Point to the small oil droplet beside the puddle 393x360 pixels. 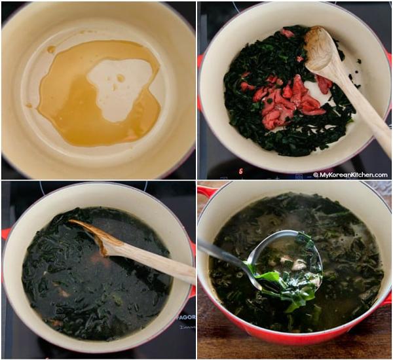pyautogui.click(x=51, y=50)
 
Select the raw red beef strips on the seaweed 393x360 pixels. pyautogui.click(x=288, y=98)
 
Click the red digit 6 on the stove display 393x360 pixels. pyautogui.click(x=240, y=171)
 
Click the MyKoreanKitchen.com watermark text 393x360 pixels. pyautogui.click(x=351, y=175)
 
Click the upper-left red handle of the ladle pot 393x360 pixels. pyautogui.click(x=208, y=191)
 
